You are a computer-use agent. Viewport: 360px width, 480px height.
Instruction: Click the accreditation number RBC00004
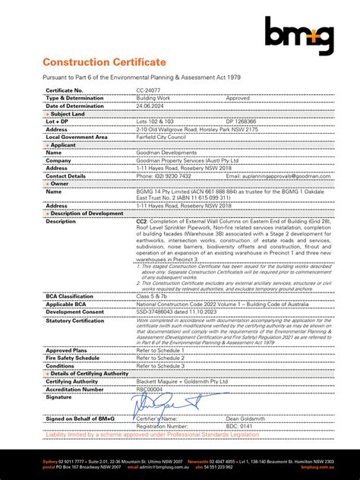pyautogui.click(x=153, y=389)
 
